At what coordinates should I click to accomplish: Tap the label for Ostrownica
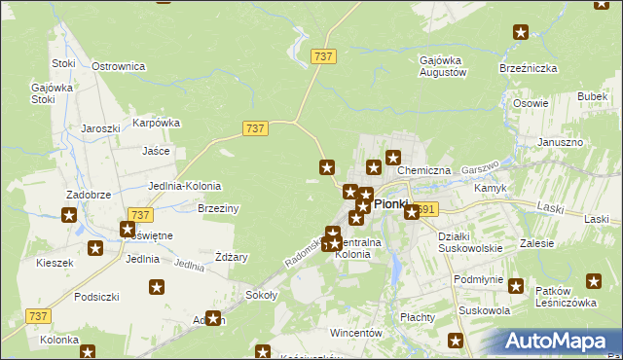coord(118,66)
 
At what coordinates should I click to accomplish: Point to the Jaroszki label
coord(100,128)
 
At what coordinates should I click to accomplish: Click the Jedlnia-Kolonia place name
coord(184,186)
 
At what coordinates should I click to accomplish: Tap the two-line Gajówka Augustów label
coord(443,66)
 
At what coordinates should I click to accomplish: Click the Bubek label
coord(592,96)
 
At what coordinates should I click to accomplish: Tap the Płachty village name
coord(417,316)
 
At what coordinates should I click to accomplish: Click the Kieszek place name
coord(55,263)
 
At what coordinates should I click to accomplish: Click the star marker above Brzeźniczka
coord(521,32)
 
